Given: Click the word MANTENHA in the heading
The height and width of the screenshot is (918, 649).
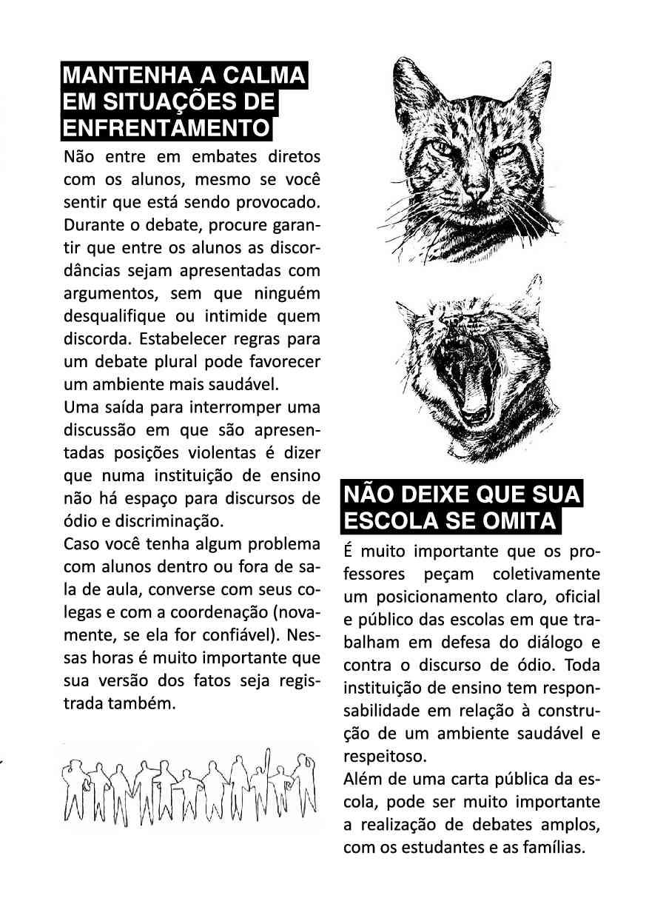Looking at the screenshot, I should (114, 77).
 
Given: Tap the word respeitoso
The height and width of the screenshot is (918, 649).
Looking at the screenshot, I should (385, 757).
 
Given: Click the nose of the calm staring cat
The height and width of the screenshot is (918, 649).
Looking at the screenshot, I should (475, 190).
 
